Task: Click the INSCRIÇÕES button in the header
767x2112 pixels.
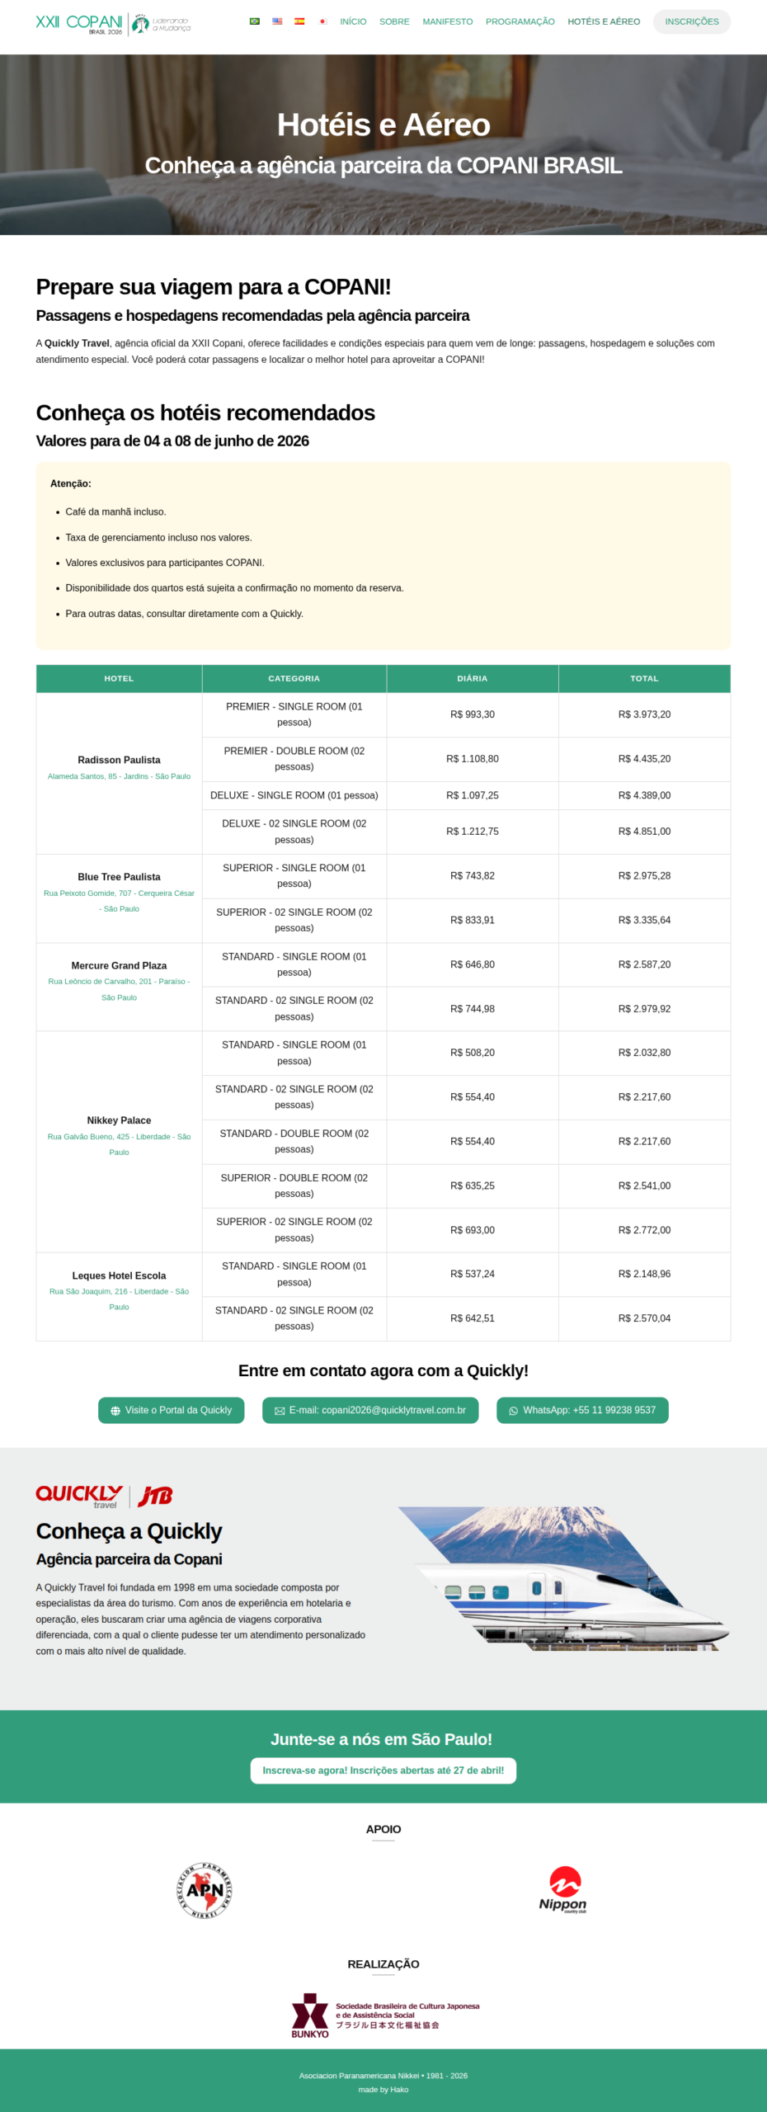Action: pos(691,21)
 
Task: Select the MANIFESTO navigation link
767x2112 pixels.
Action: pos(447,21)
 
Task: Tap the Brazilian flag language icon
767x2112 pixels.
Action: pos(255,21)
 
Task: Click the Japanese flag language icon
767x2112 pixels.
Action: pos(322,21)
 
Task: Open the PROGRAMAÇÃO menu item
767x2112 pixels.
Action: pos(520,21)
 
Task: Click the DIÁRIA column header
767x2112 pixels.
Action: pos(472,678)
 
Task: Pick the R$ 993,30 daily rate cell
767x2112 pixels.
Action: pos(472,714)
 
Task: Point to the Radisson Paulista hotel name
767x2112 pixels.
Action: pos(119,760)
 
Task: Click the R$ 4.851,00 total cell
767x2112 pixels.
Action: pos(644,832)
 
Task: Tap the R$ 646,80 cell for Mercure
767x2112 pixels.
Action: pos(472,964)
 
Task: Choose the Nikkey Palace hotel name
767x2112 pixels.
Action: pos(119,1120)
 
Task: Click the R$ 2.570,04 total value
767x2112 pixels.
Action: pos(644,1318)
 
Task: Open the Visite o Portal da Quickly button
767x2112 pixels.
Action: pos(171,1410)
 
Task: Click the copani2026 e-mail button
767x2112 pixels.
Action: pos(370,1410)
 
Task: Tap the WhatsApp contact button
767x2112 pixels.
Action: pos(582,1410)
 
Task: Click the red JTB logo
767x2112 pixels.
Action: pos(155,1496)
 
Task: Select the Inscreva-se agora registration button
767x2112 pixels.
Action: pos(383,1770)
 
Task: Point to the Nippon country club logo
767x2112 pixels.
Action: pos(563,1889)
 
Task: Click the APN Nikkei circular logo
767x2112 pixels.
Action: pos(205,1889)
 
